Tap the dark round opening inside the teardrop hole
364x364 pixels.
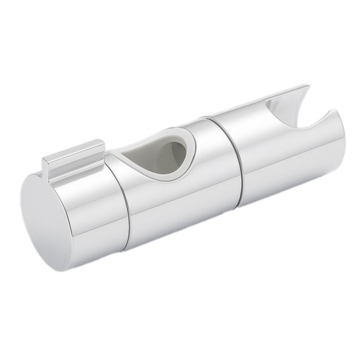(174, 155)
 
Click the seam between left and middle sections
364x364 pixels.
(125, 202)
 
